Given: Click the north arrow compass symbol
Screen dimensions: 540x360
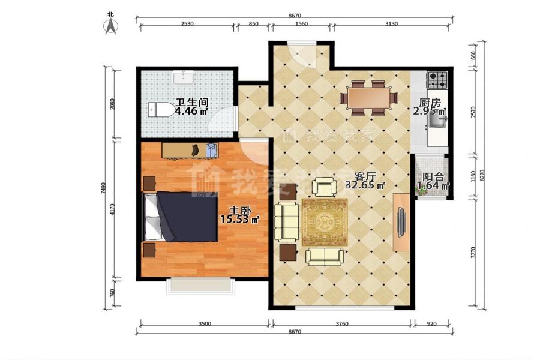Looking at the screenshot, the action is pyautogui.click(x=111, y=25).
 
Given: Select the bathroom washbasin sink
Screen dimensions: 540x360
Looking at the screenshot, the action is pyautogui.click(x=183, y=77).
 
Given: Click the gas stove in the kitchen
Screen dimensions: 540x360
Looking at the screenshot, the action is pyautogui.click(x=437, y=80).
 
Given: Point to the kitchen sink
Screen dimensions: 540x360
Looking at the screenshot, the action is pyautogui.click(x=437, y=121).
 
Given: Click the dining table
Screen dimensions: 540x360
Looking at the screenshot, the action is pyautogui.click(x=368, y=98).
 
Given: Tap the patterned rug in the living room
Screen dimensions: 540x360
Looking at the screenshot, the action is pyautogui.click(x=325, y=222).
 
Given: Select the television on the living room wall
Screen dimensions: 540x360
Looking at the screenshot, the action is pyautogui.click(x=401, y=222).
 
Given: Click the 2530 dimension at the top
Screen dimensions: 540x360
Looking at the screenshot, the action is pyautogui.click(x=187, y=24).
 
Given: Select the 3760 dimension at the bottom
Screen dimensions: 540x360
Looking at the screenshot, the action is pyautogui.click(x=342, y=323).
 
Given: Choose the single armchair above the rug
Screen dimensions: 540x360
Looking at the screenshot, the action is pyautogui.click(x=324, y=187).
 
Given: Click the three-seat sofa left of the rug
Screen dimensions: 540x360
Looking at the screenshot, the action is pyautogui.click(x=287, y=222).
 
